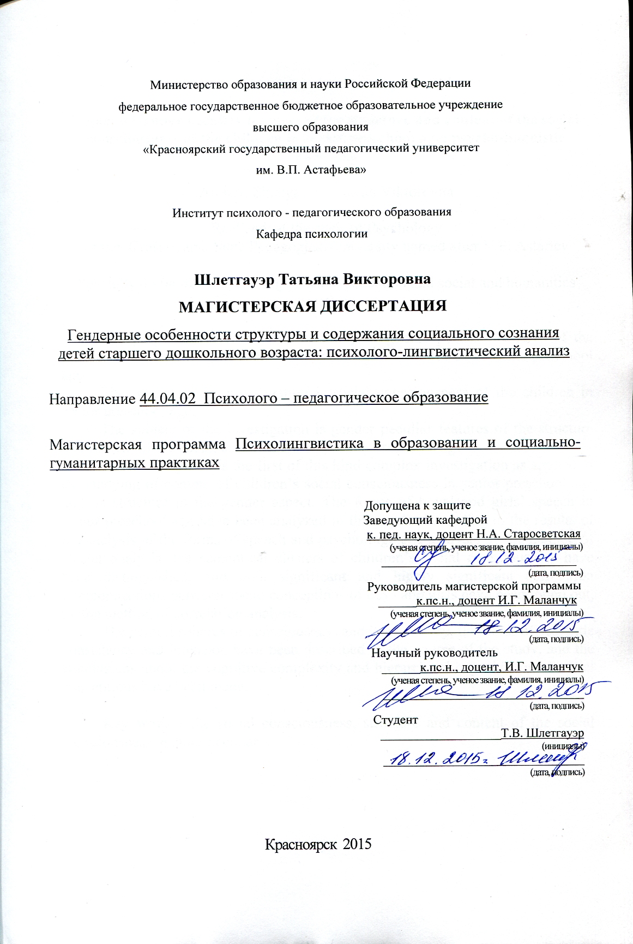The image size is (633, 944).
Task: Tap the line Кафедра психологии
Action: tap(311, 234)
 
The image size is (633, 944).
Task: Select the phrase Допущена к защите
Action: tap(417, 505)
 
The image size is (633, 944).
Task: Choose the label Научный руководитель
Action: tap(435, 653)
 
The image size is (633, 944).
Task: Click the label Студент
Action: tap(395, 720)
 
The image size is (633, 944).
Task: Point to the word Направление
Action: tap(93, 399)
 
